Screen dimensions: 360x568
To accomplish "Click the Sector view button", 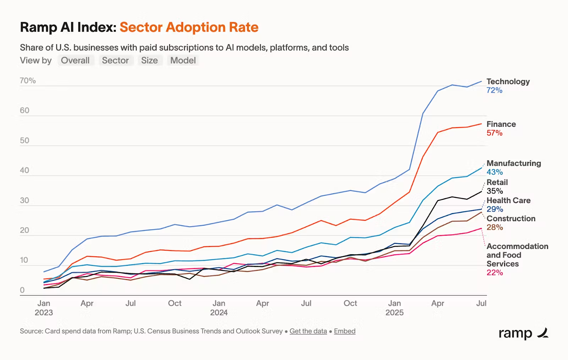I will point(115,60).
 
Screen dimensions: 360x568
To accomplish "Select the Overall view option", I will point(75,60).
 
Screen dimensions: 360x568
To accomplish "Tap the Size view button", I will point(149,60).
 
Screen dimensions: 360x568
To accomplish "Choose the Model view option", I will point(183,60).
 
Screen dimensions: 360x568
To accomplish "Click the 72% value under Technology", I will point(494,90).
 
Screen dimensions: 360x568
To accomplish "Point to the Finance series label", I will point(501,124).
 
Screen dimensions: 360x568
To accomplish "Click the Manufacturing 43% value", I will point(495,172).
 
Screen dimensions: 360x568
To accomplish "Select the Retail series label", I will point(497,182).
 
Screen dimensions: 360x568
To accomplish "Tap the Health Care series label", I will point(508,201).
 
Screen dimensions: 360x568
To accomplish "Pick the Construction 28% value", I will point(495,228).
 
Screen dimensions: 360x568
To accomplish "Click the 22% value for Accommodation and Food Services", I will point(495,273).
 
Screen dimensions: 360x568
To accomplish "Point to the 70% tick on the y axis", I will point(28,81).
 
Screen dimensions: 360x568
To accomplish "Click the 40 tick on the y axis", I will point(24,170).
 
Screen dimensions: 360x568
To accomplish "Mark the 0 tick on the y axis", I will point(22,290).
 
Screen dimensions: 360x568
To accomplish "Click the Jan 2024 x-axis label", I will point(219,308).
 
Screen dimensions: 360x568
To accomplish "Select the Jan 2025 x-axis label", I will point(394,308).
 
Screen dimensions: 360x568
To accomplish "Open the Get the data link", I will point(308,331).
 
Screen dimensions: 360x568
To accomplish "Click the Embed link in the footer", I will point(344,331).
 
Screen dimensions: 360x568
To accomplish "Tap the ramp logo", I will point(523,333).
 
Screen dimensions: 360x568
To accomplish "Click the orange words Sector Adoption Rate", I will point(189,27).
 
